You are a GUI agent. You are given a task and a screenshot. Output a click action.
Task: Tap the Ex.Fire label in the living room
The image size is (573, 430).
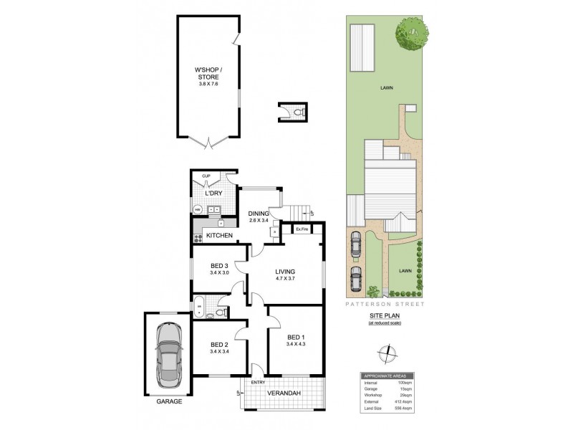[302, 229]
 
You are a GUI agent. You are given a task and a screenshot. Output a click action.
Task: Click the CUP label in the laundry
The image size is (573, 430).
[205, 176]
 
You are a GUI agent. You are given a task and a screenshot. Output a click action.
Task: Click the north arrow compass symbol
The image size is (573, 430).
[387, 353]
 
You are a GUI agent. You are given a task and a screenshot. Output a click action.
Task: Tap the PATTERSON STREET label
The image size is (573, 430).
[385, 304]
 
